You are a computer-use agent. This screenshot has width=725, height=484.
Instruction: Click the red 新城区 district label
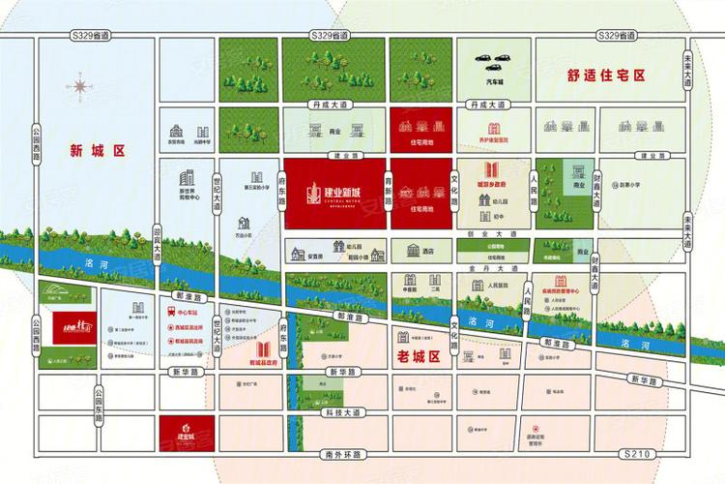[x=99, y=151]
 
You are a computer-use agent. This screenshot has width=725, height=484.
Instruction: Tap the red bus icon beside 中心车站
[x=171, y=314]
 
